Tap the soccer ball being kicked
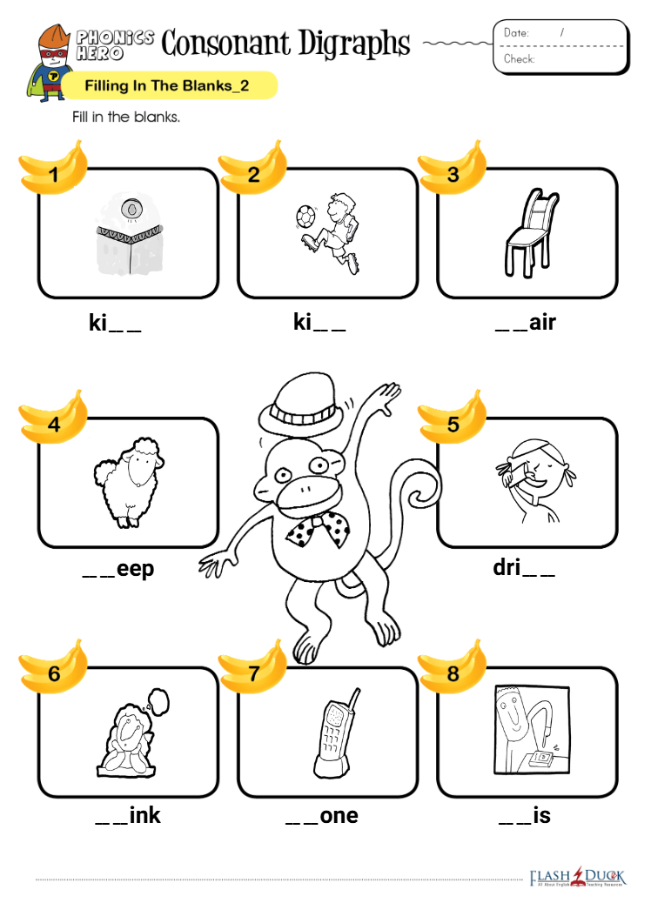(305, 217)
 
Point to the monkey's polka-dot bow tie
(319, 531)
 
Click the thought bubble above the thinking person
(157, 701)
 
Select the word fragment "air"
(542, 323)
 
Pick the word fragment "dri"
(507, 568)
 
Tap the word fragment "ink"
(145, 815)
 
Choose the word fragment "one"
(339, 816)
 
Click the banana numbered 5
(453, 418)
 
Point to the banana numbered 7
(253, 668)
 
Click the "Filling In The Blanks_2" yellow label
(168, 86)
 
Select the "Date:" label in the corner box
(516, 33)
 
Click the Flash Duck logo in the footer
(578, 878)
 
